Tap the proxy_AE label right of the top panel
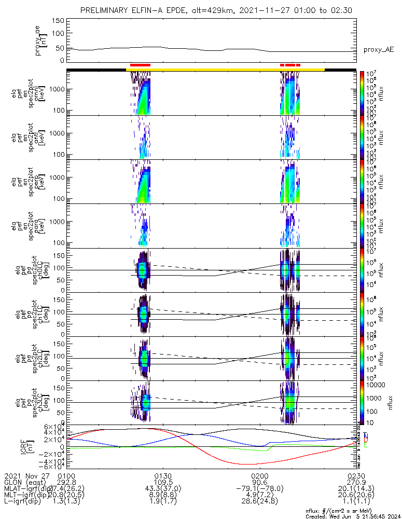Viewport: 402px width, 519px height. [378, 50]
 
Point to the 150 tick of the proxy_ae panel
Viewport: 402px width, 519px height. [61, 21]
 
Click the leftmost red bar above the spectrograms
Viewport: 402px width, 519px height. [140, 65]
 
